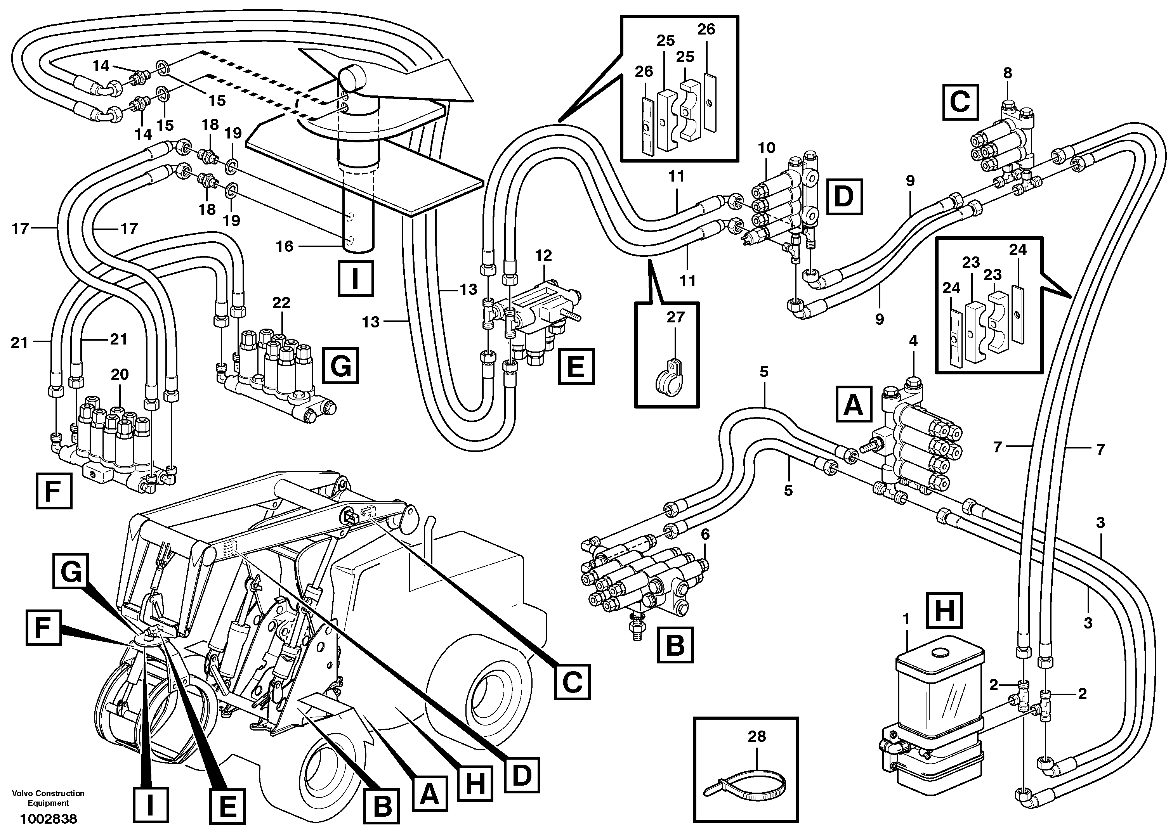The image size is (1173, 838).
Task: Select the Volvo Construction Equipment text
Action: click(x=49, y=798)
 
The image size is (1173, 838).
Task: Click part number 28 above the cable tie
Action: click(x=757, y=736)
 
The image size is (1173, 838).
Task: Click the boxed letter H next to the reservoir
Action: click(x=945, y=611)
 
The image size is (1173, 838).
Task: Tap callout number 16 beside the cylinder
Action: click(x=285, y=246)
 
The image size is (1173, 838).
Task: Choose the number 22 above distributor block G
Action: click(x=281, y=302)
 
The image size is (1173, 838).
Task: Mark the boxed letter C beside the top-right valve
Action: click(x=960, y=102)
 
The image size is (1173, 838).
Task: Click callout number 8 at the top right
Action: click(x=1007, y=74)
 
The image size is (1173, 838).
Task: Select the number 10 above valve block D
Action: click(x=767, y=148)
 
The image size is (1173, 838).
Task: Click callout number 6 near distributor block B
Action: click(x=705, y=534)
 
